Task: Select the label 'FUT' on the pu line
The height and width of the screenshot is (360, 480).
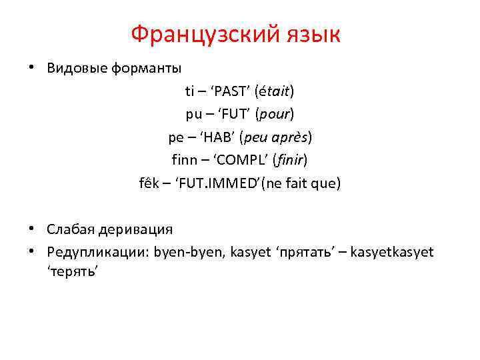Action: [233, 114]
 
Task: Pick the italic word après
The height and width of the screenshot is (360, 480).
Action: [288, 137]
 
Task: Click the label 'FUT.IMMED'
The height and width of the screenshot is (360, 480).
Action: [219, 183]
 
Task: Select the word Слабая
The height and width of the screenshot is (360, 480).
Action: [71, 229]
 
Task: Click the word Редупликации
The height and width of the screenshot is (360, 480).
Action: [97, 252]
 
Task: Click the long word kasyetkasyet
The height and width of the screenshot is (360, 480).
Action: [391, 252]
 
